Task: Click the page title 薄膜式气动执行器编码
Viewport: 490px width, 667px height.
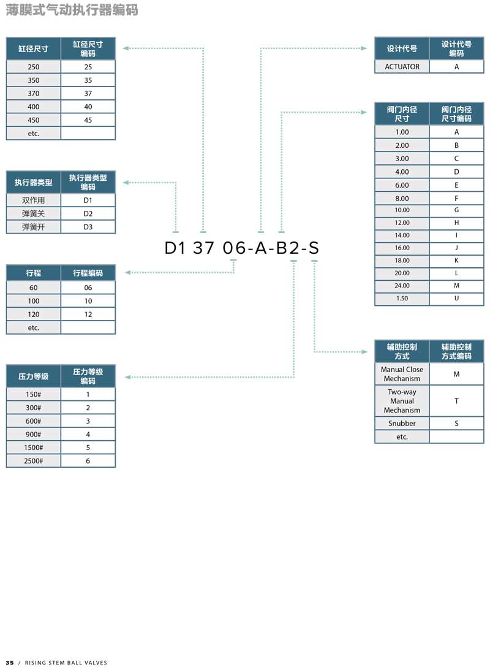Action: tap(72, 9)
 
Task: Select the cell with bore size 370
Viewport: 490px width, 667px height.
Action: tap(34, 93)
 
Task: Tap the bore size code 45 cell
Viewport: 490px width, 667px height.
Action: tap(88, 120)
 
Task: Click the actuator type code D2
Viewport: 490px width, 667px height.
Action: tap(88, 213)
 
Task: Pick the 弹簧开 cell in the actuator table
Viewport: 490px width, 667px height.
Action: tap(34, 227)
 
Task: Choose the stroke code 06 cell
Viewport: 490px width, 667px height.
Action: tap(88, 288)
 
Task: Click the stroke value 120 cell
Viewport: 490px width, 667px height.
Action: tap(34, 314)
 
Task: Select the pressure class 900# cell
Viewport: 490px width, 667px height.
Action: tap(34, 434)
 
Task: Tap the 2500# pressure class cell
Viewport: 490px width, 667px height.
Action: tap(34, 460)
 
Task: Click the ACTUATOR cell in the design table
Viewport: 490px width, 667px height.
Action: tap(402, 67)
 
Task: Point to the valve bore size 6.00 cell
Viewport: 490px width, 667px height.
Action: tap(402, 185)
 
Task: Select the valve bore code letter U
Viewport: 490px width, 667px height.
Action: tap(456, 298)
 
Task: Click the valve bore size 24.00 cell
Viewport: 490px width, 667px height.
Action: tap(402, 286)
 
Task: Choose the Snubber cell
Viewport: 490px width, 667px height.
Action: tap(402, 423)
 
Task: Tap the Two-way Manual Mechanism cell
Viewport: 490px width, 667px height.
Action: tap(402, 401)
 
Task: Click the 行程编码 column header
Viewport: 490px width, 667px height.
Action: tap(88, 273)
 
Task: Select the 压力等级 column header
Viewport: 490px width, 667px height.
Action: tap(34, 376)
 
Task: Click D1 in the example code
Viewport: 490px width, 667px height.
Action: tap(175, 248)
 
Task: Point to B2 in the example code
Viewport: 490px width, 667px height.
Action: tap(288, 248)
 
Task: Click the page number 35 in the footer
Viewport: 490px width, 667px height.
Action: tap(10, 662)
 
